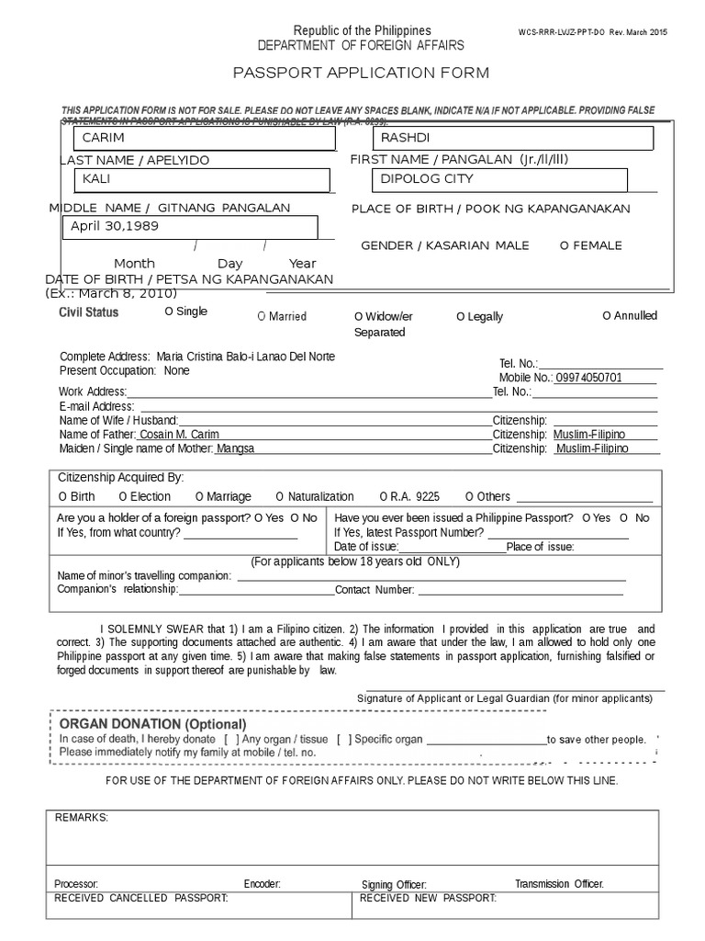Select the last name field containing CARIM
coord(204,139)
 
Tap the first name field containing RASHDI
coord(512,139)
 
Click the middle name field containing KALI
coord(204,179)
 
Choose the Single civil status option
coord(186,312)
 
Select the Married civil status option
coord(282,317)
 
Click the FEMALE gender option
coord(591,246)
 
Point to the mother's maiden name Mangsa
coord(235,449)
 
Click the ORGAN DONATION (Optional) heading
coord(152,724)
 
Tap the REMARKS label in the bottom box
coord(82,818)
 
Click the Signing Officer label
coord(394,885)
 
